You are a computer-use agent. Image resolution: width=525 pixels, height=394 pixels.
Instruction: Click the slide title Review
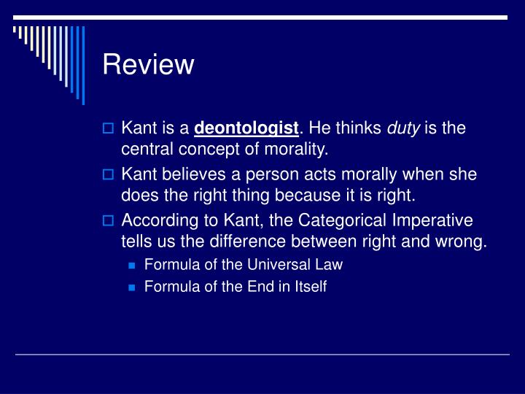coord(148,65)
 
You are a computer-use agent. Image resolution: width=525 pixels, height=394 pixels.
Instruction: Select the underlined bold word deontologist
coord(246,129)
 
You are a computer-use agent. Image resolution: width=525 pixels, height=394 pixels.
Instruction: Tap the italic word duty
coord(402,129)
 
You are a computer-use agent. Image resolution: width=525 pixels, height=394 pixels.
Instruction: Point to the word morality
coord(297,150)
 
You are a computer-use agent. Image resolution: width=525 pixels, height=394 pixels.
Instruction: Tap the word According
coord(155,221)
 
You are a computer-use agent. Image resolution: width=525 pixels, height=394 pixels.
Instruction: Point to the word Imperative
coord(432,221)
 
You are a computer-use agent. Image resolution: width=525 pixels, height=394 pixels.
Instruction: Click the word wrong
coord(462,242)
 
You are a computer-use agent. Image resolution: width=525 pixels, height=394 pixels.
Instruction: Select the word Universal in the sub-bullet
coord(279,265)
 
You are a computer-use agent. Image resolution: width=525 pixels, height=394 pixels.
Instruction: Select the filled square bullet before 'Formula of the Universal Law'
coord(132,266)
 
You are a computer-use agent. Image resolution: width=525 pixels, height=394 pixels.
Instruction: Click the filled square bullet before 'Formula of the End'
coord(132,287)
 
